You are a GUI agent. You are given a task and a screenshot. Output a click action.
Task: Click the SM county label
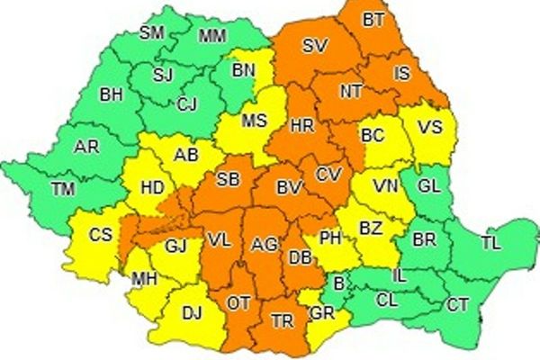[x=152, y=33]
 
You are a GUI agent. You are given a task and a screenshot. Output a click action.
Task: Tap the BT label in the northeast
[x=372, y=18]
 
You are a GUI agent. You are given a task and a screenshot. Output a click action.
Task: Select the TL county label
[x=491, y=243]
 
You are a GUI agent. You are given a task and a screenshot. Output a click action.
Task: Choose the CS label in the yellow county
[x=100, y=236]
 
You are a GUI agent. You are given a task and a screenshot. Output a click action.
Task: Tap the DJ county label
[x=192, y=312]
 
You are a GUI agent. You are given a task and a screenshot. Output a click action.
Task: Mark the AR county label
[x=86, y=146]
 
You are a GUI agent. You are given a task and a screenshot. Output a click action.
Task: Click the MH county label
[x=144, y=280]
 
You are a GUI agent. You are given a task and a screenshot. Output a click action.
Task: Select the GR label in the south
[x=320, y=313]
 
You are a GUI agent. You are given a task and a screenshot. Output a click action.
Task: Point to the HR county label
[x=301, y=126]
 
